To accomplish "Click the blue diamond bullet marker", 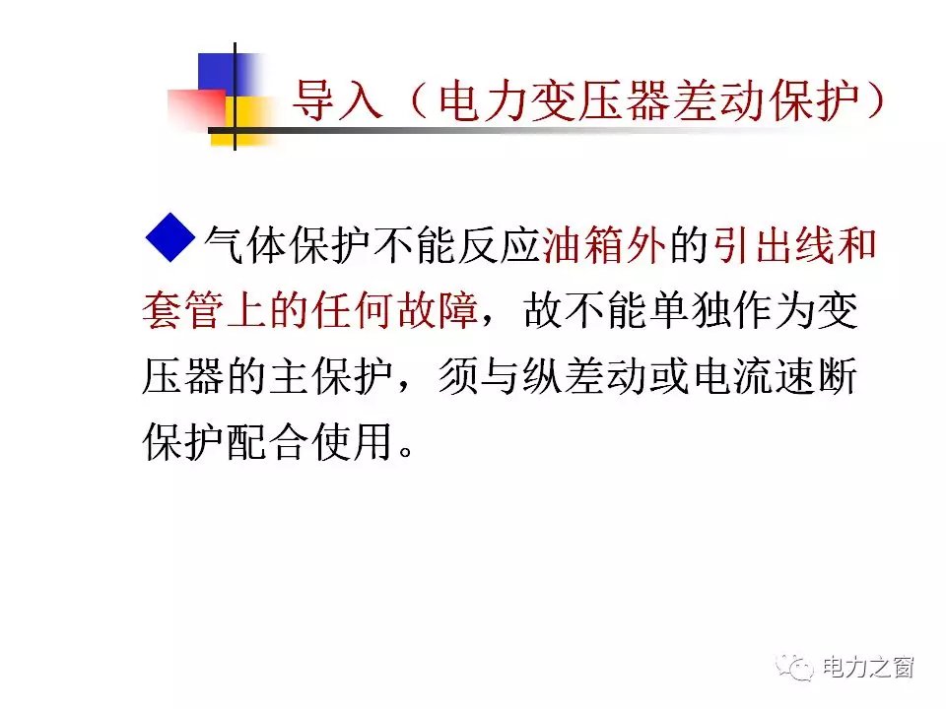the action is click(170, 237).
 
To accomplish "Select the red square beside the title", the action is click(197, 108).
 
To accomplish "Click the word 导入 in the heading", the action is click(338, 100).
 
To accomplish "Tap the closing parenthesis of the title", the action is click(874, 100).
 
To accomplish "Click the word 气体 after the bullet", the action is click(246, 245).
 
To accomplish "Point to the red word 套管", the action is click(183, 310).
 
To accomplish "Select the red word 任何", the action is click(354, 310).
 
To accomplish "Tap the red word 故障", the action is click(438, 310).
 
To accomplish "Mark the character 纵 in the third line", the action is click(542, 376).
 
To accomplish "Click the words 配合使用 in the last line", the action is click(310, 442).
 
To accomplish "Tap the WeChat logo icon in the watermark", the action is click(795, 667).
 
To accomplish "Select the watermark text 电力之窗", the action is click(868, 668).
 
